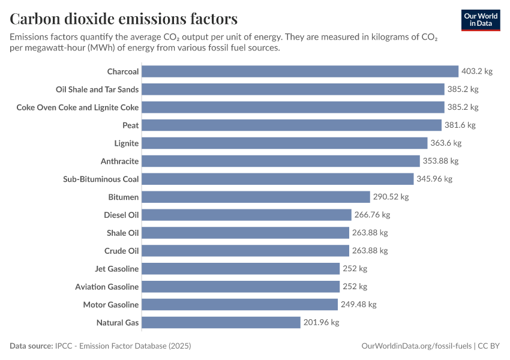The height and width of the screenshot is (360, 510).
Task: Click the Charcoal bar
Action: [300, 71]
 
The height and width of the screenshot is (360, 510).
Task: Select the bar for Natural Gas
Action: [221, 323]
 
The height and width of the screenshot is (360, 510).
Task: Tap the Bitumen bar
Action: [256, 197]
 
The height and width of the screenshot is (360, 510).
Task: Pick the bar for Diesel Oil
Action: [247, 215]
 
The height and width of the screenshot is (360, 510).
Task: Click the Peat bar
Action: [292, 125]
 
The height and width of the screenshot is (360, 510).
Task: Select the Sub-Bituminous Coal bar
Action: [278, 179]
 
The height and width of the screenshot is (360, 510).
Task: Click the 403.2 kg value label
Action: [476, 71]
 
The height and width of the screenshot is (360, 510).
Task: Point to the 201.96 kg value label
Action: [321, 323]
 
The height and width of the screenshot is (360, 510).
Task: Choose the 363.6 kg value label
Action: [445, 143]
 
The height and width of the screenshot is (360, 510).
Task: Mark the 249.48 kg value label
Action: [358, 305]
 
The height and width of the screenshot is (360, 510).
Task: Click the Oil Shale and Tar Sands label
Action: [97, 89]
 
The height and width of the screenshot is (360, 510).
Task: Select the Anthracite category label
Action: [119, 161]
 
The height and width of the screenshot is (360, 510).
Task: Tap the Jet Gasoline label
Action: [116, 269]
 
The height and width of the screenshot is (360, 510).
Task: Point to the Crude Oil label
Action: [121, 251]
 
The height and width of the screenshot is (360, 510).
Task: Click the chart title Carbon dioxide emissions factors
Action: [124, 19]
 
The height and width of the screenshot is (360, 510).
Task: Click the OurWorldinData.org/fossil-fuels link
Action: [416, 346]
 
